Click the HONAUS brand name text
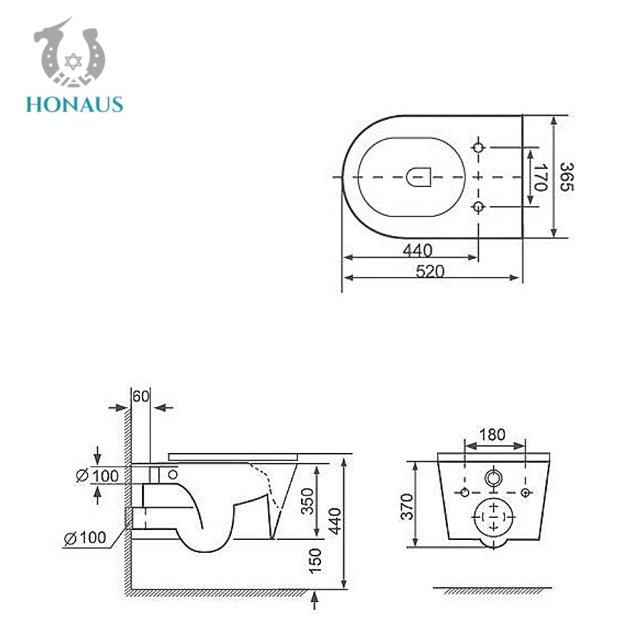tap(74, 104)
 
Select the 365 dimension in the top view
tap(566, 176)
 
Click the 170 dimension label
tap(539, 177)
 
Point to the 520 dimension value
tap(430, 271)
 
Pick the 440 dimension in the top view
tap(417, 250)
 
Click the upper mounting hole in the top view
tap(479, 147)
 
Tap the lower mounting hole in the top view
tap(479, 207)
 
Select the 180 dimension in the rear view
tap(492, 434)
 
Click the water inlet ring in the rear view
tap(493, 478)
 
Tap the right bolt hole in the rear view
tap(525, 493)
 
